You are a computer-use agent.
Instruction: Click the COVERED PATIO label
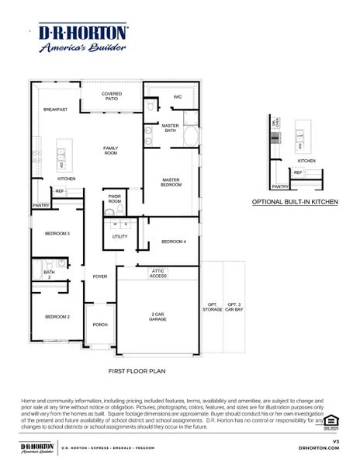click(x=112, y=97)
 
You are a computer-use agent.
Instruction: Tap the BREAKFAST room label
click(x=55, y=110)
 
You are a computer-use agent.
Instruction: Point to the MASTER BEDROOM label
click(x=171, y=183)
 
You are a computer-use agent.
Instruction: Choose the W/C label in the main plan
click(x=177, y=97)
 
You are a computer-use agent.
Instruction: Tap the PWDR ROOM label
click(x=115, y=199)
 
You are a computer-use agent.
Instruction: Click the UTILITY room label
click(x=119, y=236)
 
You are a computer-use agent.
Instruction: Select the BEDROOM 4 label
click(x=174, y=242)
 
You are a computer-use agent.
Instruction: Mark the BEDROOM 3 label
click(x=57, y=233)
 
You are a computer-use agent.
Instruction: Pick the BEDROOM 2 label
click(x=57, y=317)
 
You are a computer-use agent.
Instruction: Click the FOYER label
click(x=100, y=276)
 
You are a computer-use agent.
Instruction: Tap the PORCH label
click(x=100, y=325)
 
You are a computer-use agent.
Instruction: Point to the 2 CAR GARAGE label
click(x=158, y=317)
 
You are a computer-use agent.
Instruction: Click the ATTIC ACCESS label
click(x=158, y=273)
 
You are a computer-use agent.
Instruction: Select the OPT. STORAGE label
click(x=212, y=307)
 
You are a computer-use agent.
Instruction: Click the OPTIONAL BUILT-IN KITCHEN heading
click(x=295, y=201)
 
